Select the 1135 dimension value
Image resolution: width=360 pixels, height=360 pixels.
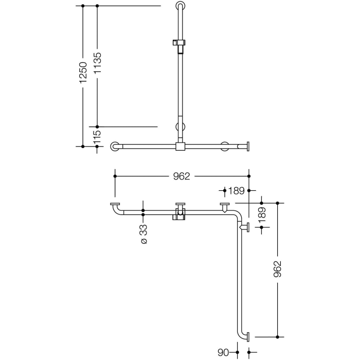[97, 63]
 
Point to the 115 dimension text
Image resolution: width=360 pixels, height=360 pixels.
[97, 137]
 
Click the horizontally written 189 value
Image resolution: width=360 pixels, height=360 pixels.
[237, 191]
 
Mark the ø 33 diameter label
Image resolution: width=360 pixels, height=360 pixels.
[143, 234]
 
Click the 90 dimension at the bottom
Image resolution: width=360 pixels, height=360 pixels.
[223, 353]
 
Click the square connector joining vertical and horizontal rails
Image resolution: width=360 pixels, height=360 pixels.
[179, 147]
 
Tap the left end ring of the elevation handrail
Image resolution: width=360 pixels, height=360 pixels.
[115, 147]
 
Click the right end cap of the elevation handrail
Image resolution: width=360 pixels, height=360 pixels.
[248, 147]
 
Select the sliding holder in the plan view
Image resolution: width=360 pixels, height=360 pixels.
[179, 212]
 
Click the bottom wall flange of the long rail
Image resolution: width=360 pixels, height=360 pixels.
[249, 337]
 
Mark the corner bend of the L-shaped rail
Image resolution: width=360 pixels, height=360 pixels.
[238, 213]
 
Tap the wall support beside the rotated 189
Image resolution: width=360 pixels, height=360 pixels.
[246, 227]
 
